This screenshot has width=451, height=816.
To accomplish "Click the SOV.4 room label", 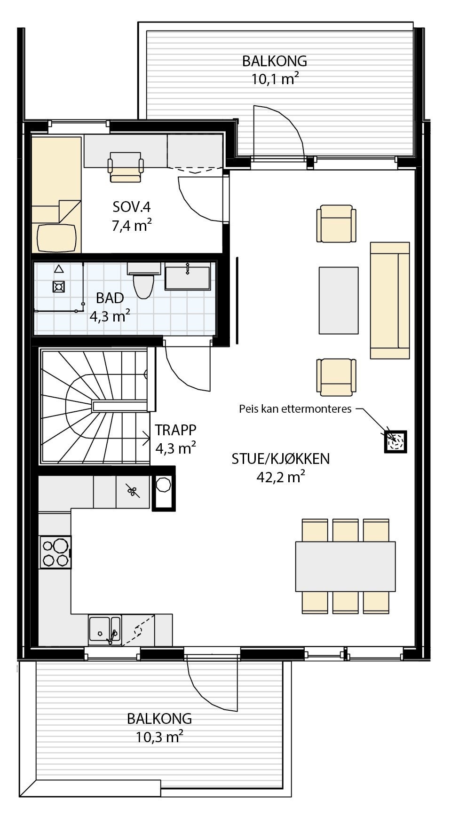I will pyautogui.click(x=131, y=206).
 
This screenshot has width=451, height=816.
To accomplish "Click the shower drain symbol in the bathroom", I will pyautogui.click(x=59, y=286).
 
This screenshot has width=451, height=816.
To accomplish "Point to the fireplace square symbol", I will pyautogui.click(x=395, y=441).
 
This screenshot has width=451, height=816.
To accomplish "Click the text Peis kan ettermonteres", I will pyautogui.click(x=295, y=409).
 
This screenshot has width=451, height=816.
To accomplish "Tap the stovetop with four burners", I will pyautogui.click(x=55, y=552).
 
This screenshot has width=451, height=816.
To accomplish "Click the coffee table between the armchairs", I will pyautogui.click(x=339, y=300).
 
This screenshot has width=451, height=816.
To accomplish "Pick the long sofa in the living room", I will pyautogui.click(x=389, y=301).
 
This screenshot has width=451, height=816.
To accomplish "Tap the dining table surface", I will pyautogui.click(x=345, y=566).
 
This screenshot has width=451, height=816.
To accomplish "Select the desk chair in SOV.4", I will pyautogui.click(x=126, y=167).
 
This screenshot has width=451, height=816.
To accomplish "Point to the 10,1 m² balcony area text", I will pyautogui.click(x=275, y=79).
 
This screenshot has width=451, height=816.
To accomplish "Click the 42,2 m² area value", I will pyautogui.click(x=281, y=477).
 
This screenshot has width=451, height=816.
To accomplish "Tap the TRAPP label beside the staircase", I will pyautogui.click(x=175, y=430).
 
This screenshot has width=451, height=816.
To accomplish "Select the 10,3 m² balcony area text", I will pyautogui.click(x=159, y=737).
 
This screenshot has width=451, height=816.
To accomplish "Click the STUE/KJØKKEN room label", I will pyautogui.click(x=280, y=458).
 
